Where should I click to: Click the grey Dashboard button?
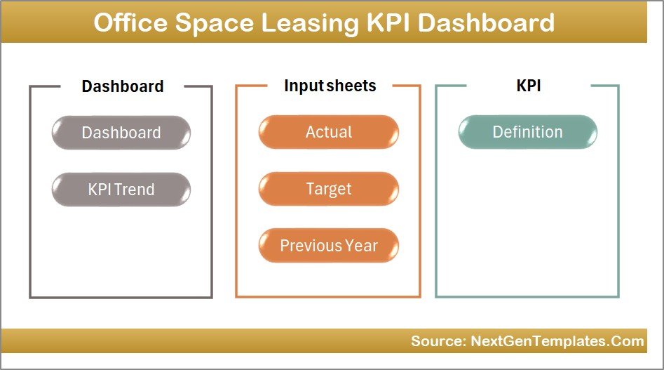tap(121, 133)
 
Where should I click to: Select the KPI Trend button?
tap(121, 190)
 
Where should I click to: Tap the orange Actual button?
tap(329, 132)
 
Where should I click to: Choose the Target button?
tap(329, 189)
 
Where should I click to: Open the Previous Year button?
tap(329, 246)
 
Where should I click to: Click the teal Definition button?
tap(527, 132)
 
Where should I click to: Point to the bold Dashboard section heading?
tap(123, 86)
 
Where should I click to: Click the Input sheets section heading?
tap(330, 86)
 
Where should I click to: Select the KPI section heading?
tap(527, 86)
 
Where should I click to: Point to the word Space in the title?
tap(214, 22)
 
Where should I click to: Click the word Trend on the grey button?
tap(137, 190)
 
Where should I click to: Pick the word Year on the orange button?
tap(361, 246)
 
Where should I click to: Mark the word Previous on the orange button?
tap(311, 246)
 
